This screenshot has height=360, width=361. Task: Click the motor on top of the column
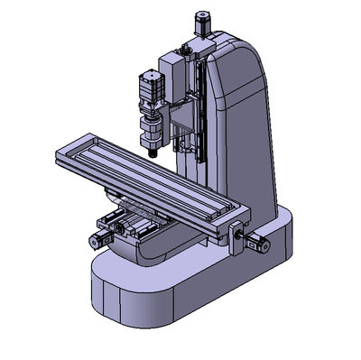pos(201,21)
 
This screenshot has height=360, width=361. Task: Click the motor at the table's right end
pos(259,241)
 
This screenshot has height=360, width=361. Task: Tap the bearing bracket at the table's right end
pos(236,233)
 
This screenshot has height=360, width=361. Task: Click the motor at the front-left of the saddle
pos(98,237)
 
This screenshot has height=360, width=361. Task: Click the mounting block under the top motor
pos(201,45)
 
